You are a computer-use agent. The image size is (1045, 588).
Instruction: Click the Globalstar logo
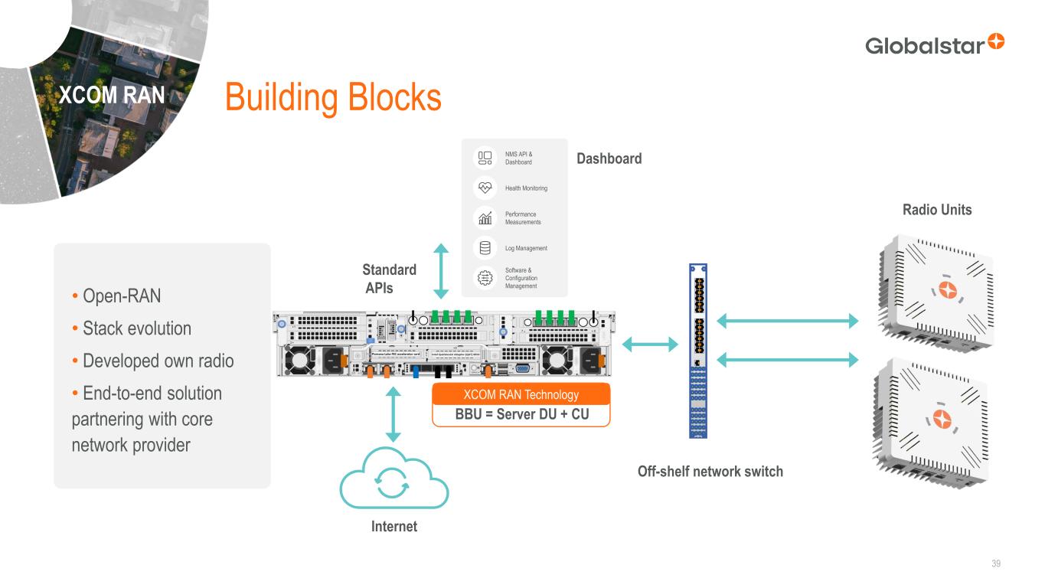(934, 44)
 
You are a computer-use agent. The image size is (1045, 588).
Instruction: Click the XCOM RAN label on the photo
(113, 95)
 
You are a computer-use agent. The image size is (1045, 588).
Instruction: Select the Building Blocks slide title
(333, 98)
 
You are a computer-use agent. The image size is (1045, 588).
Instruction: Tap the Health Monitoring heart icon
(485, 188)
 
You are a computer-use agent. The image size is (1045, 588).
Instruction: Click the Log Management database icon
(485, 248)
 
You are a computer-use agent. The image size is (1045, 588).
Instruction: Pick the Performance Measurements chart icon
(485, 218)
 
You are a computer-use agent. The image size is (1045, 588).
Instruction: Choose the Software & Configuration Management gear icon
(485, 278)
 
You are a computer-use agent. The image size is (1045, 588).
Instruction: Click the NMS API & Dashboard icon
(485, 158)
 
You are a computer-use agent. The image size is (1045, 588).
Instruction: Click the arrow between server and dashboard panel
(441, 271)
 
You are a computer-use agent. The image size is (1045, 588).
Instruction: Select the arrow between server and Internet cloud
(394, 414)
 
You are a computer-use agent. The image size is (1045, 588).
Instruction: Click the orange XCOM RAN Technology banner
(521, 394)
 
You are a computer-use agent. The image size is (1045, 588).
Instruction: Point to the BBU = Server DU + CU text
(521, 415)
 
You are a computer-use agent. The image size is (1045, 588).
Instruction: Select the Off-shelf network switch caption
(710, 472)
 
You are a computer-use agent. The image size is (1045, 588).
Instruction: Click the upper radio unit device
(936, 295)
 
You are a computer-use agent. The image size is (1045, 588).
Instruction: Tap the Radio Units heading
(936, 210)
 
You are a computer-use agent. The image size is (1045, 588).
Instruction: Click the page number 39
(996, 564)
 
